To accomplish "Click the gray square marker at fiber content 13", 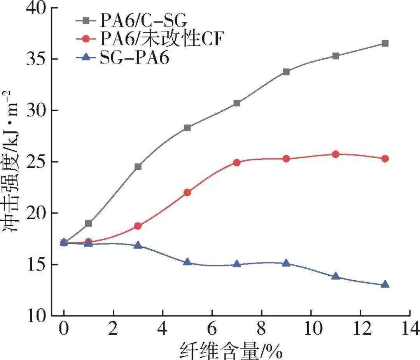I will (385, 43).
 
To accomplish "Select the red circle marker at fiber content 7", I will (237, 163).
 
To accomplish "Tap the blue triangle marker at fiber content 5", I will (187, 262).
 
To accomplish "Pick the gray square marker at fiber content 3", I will (138, 167).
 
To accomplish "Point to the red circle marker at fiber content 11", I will (335, 154).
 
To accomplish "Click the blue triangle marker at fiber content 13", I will (385, 285).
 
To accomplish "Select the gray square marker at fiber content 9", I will (286, 72).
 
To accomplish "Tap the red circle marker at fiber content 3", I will (138, 226).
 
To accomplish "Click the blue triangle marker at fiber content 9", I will (286, 263).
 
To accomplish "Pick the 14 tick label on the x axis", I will (409, 329).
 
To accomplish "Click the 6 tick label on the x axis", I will (212, 329).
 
